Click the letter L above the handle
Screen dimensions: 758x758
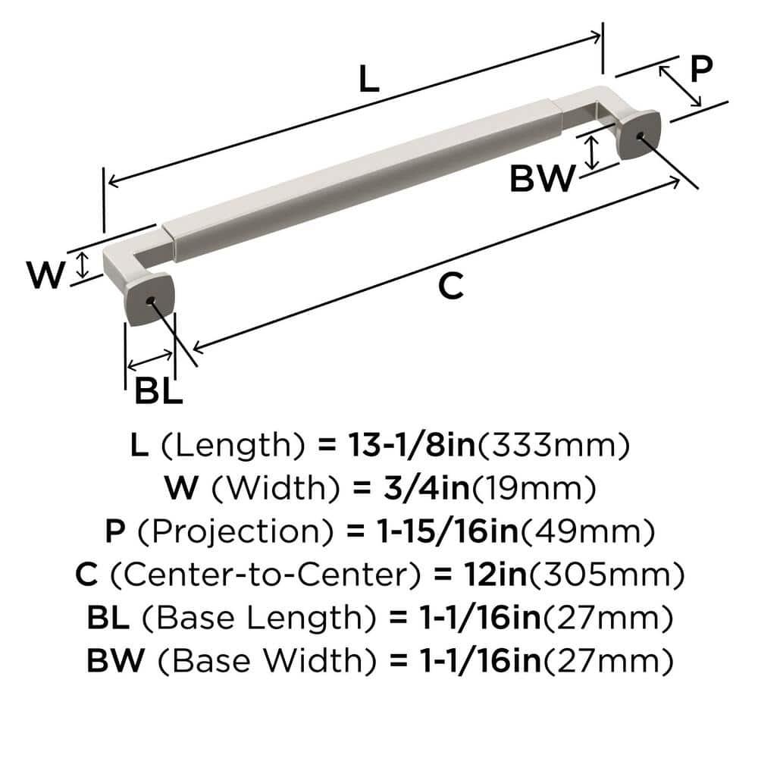click(368, 79)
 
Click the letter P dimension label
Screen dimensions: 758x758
click(700, 70)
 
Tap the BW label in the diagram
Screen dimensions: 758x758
click(541, 180)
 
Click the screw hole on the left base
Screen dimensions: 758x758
click(155, 302)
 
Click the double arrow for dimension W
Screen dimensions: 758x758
click(84, 265)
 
